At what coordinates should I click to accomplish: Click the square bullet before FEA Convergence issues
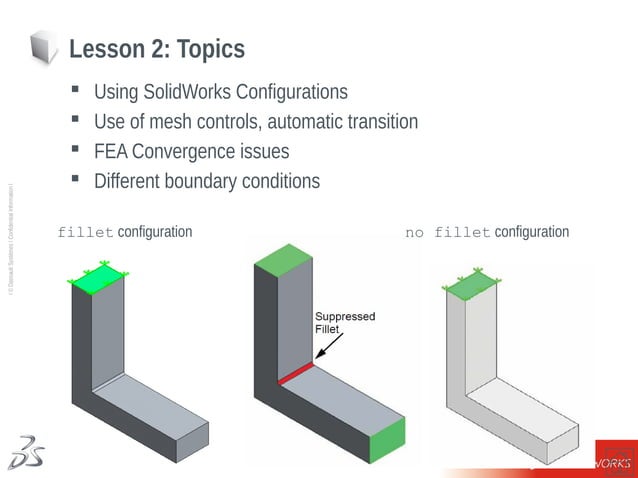75,150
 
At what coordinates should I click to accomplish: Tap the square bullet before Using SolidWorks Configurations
75,91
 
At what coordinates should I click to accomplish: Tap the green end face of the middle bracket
388,441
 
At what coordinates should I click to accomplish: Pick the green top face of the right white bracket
472,285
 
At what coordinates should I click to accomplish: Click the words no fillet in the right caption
447,233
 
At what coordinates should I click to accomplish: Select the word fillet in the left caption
85,233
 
